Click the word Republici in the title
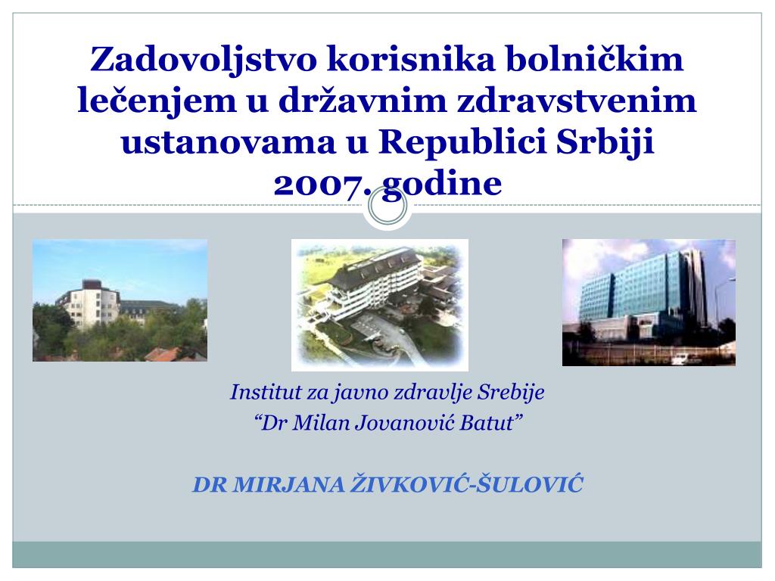[x=463, y=144]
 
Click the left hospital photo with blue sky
[x=120, y=300]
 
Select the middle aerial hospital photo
[x=380, y=305]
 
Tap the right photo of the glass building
[x=649, y=302]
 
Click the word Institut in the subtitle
[x=259, y=393]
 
